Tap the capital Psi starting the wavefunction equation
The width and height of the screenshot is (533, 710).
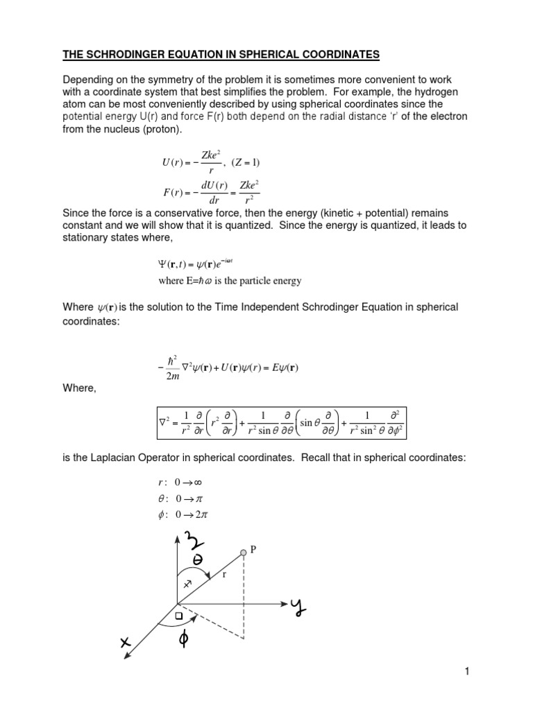(x=155, y=264)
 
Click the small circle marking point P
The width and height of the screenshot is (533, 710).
(x=244, y=552)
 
